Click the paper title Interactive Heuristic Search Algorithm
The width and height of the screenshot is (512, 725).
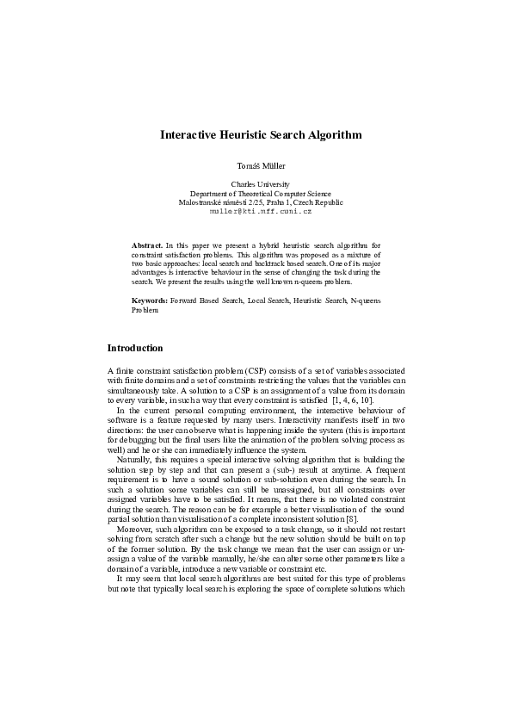coord(260,135)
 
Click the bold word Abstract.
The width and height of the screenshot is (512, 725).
coord(146,245)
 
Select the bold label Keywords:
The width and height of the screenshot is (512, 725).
coord(149,301)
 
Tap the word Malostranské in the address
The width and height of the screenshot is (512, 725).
coord(200,202)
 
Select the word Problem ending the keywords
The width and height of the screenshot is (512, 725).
coord(145,310)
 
